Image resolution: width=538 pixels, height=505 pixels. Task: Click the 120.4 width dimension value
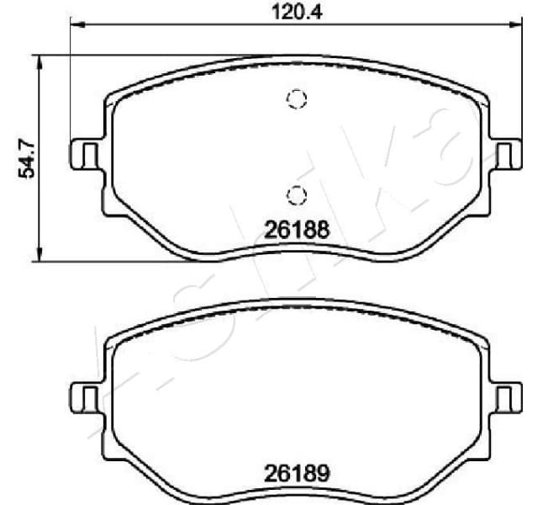[288, 11]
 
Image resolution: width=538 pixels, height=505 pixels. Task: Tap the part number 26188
[295, 228]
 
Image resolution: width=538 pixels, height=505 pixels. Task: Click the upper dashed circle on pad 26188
[296, 99]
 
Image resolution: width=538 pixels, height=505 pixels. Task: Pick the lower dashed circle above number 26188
[296, 195]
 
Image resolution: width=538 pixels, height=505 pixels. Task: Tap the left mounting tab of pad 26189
[82, 396]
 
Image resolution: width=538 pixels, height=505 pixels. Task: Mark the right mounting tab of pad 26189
[507, 396]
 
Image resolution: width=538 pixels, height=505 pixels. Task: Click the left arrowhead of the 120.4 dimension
[75, 25]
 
